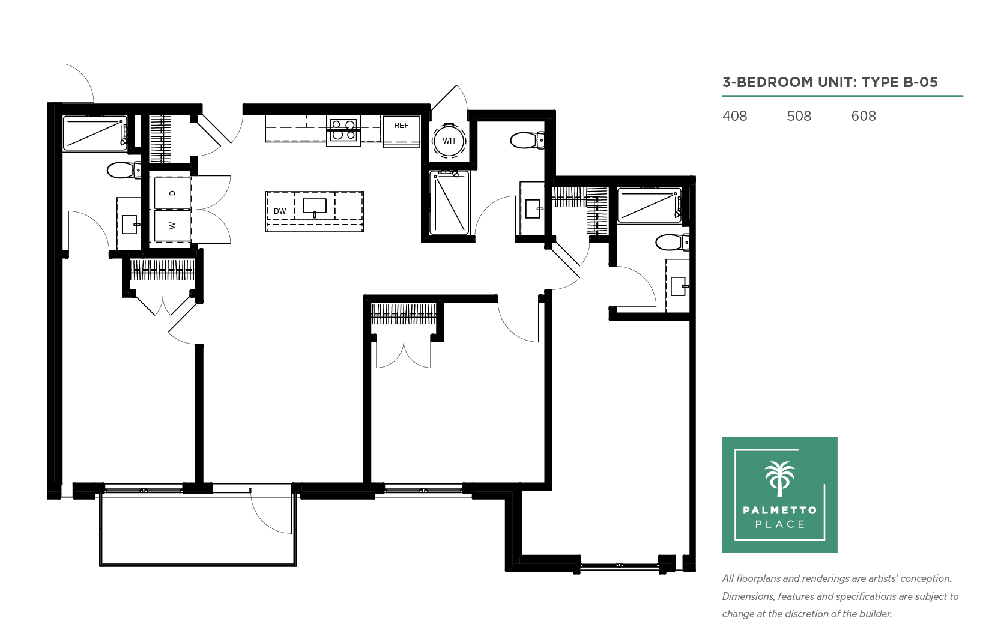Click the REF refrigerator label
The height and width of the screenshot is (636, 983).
401,126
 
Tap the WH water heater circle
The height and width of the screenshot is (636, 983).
449,141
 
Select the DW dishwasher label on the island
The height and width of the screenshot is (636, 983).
280,211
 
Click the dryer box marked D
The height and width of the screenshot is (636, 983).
172,193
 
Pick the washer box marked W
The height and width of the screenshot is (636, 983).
172,226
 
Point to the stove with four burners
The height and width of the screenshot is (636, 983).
343,130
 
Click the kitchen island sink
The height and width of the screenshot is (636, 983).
315,206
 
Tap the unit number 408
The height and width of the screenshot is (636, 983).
734,116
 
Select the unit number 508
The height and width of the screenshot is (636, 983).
799,116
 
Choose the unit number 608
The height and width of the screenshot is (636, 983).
864,116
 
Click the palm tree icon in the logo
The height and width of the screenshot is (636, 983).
779,479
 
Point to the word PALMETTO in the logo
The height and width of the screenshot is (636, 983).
780,510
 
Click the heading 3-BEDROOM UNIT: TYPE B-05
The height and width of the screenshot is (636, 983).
830,82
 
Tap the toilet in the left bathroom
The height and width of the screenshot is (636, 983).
124,171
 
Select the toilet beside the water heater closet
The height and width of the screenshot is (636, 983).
527,141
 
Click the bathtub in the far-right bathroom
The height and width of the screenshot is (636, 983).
650,205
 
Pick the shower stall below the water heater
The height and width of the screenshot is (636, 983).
449,202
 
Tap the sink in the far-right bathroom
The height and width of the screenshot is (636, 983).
679,286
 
